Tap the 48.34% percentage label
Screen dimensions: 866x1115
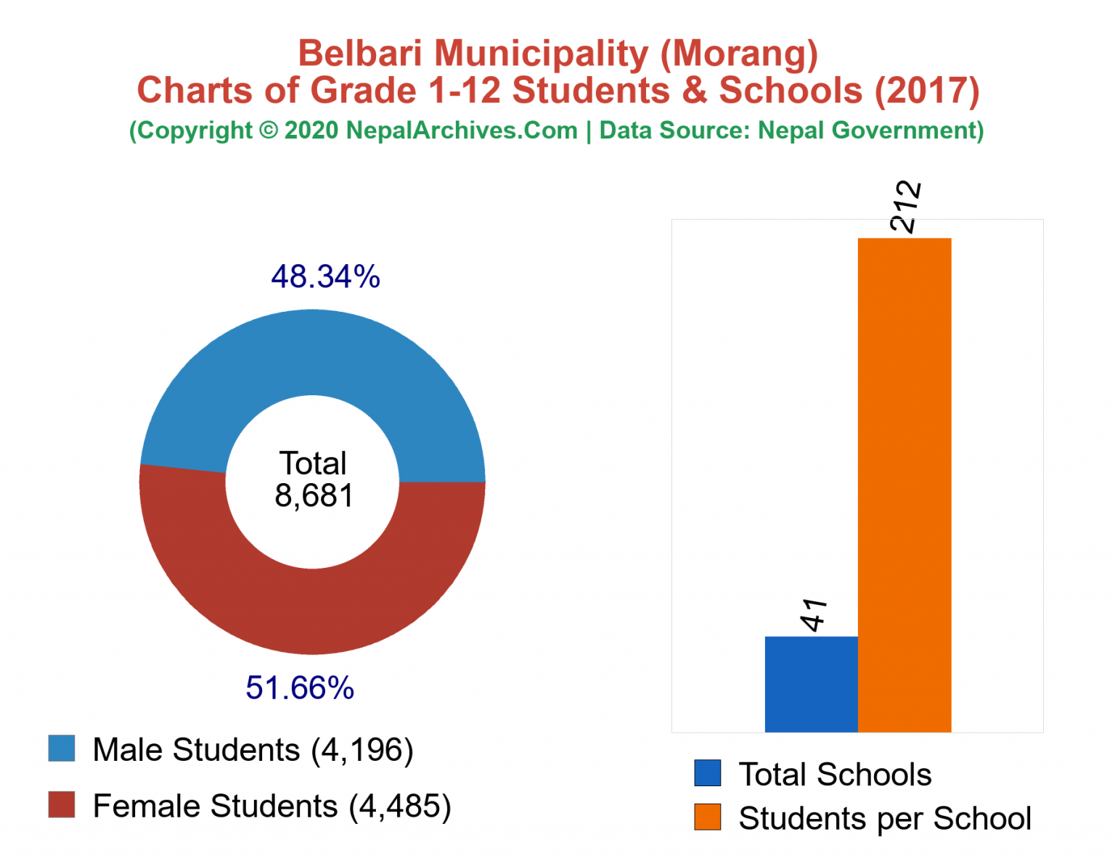coord(325,276)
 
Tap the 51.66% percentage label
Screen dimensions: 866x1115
coord(300,688)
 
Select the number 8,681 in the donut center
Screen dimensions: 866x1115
coord(314,496)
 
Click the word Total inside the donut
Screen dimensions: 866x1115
coord(314,463)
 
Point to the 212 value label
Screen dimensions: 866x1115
coord(906,207)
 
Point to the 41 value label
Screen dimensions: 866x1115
coord(814,615)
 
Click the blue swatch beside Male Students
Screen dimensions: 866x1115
coord(62,749)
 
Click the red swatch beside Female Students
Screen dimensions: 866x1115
coord(62,805)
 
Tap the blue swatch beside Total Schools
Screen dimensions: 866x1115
coord(708,773)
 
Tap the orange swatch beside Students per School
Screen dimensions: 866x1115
coord(708,817)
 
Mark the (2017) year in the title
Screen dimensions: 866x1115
coord(927,91)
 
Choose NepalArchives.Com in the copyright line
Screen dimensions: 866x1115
coord(462,131)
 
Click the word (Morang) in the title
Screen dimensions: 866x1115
coord(739,54)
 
